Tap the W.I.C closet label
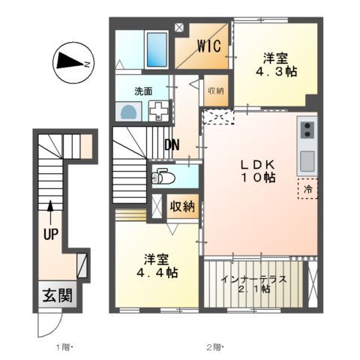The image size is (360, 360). [208, 46]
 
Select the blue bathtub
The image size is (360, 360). [157, 49]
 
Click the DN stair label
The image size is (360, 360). [171, 144]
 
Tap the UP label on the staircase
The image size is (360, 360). [50, 234]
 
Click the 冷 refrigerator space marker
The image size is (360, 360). [307, 189]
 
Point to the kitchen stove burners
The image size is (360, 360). [306, 131]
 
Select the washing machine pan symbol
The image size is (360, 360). [158, 111]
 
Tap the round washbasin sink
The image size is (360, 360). [128, 112]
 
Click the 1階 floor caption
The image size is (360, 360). [64, 347]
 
